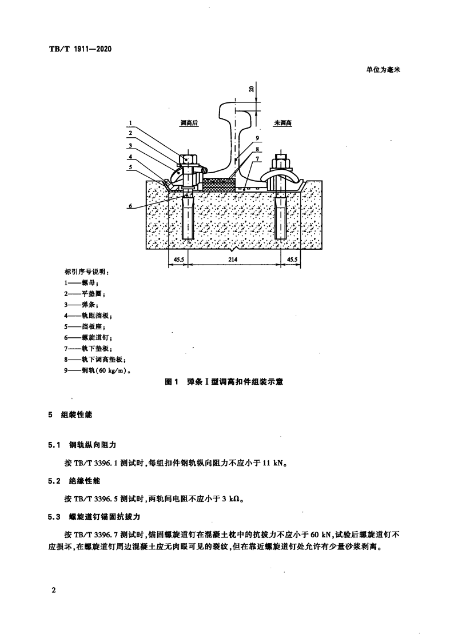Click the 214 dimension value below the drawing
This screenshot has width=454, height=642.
232,259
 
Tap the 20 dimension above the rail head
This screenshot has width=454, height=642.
252,89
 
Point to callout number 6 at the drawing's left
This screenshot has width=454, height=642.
130,206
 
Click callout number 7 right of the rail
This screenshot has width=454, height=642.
257,158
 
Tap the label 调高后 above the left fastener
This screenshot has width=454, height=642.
189,123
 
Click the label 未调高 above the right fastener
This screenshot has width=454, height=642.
283,123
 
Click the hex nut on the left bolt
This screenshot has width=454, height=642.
188,158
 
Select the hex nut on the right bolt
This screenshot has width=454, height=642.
281,158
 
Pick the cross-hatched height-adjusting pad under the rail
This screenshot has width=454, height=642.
220,184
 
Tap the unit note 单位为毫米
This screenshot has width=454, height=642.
383,70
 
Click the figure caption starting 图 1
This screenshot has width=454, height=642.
224,382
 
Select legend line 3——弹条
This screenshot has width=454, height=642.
81,305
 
